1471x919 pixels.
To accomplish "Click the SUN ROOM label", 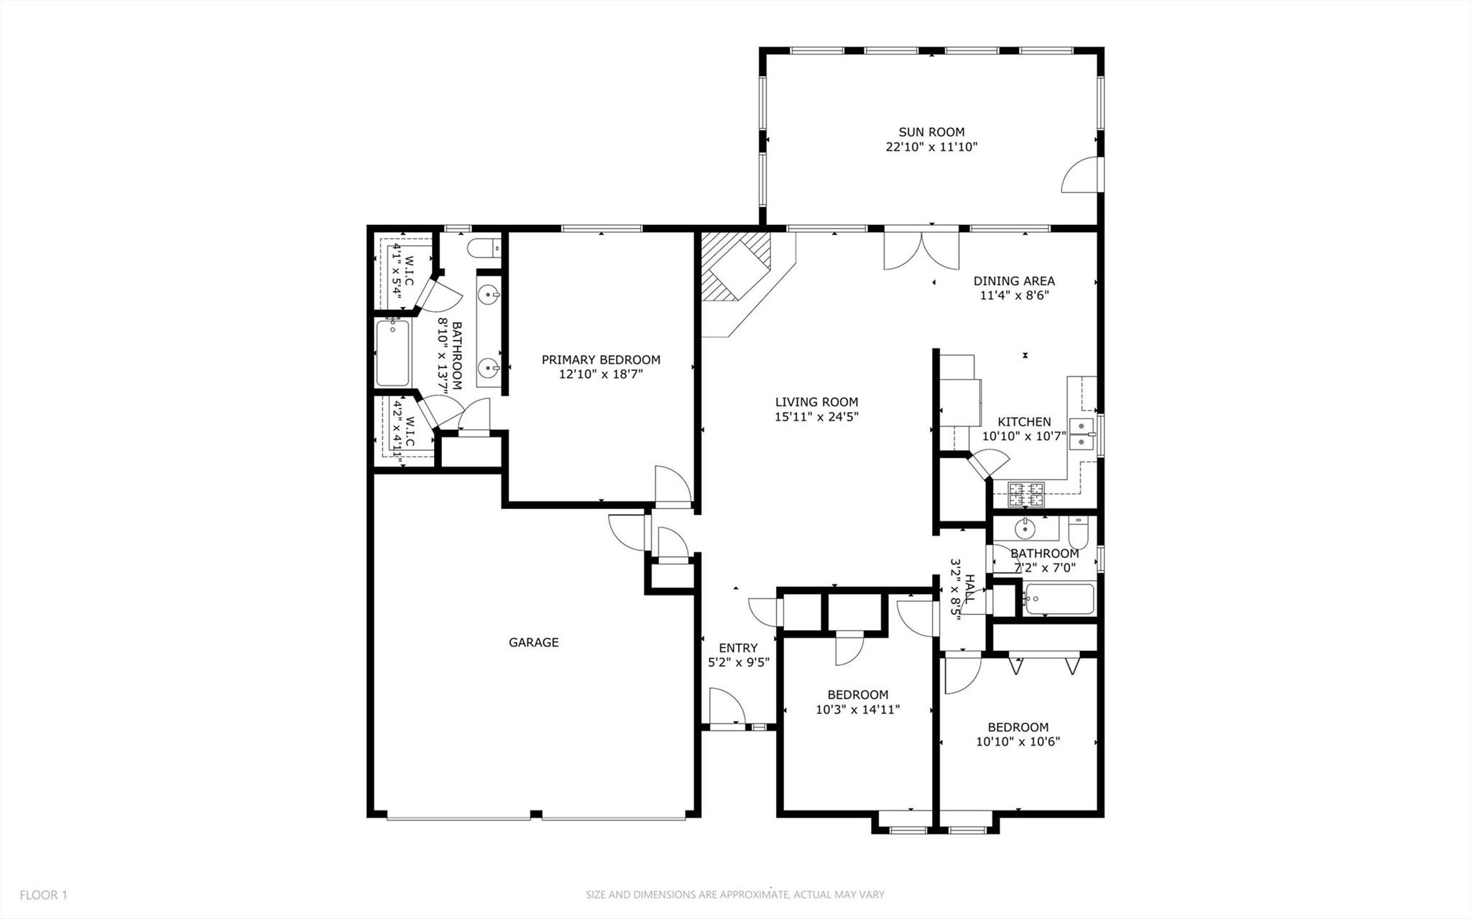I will pyautogui.click(x=931, y=132).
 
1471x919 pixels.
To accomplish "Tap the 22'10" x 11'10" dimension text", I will pyautogui.click(x=931, y=147).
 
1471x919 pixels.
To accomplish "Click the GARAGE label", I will pyautogui.click(x=533, y=643).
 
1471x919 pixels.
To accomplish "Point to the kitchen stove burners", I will pyautogui.click(x=1026, y=493).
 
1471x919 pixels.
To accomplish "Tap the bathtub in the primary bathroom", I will pyautogui.click(x=392, y=353).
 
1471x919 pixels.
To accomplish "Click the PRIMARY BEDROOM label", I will pyautogui.click(x=601, y=360).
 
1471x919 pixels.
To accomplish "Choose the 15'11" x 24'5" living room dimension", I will pyautogui.click(x=816, y=416).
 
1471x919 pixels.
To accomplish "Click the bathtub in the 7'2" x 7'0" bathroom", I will pyautogui.click(x=1060, y=599).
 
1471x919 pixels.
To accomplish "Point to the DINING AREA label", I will pyautogui.click(x=1014, y=281).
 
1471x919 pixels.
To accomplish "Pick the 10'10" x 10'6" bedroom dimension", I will pyautogui.click(x=1018, y=742).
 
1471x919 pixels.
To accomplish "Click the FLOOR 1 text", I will pyautogui.click(x=43, y=895).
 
